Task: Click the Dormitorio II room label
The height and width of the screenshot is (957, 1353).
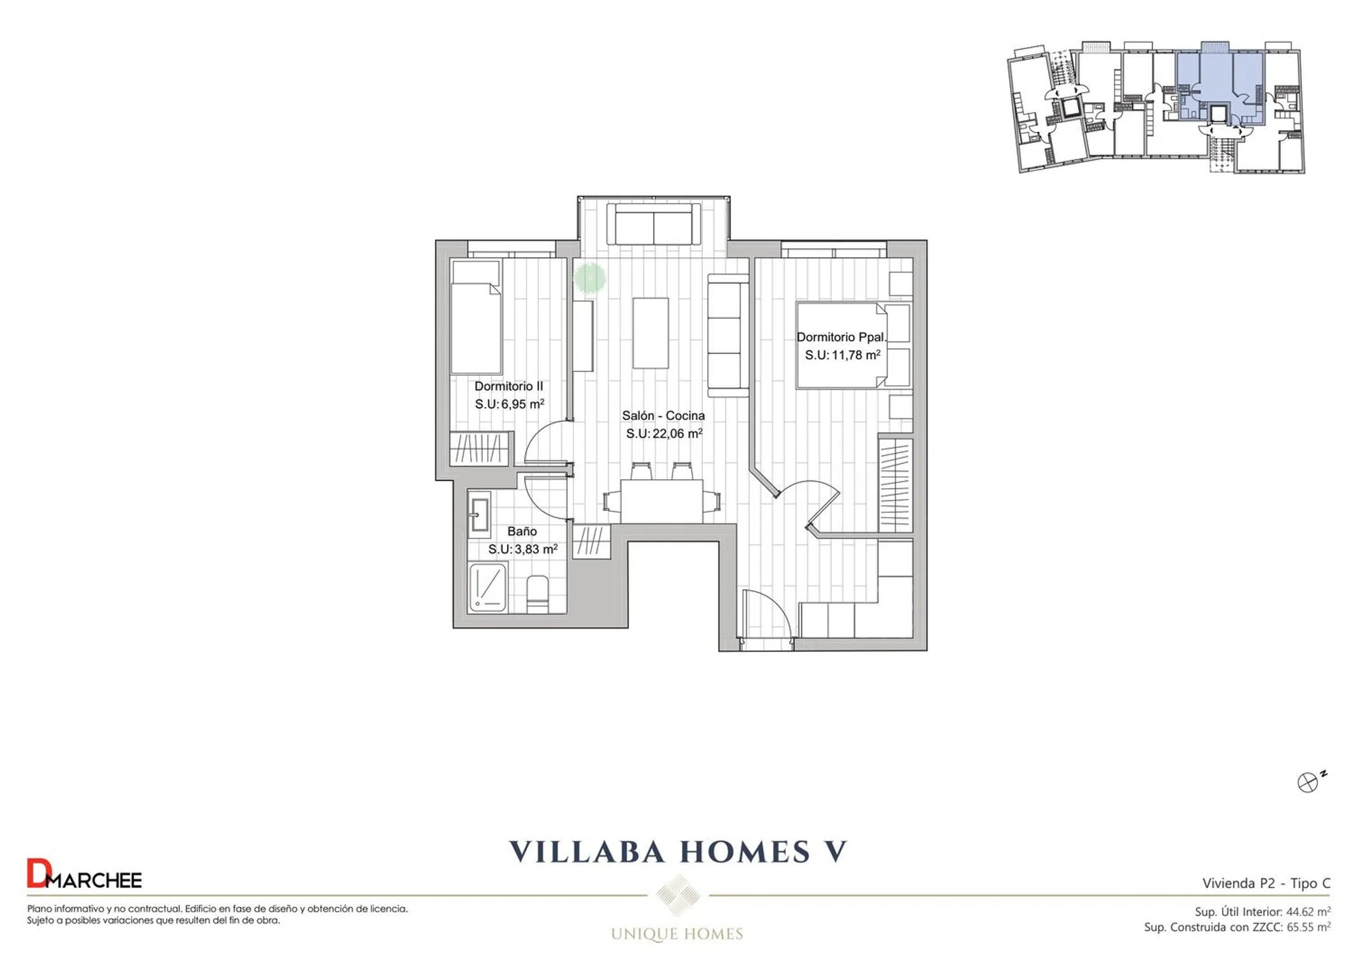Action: coord(508,386)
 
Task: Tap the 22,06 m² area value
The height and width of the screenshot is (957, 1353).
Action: coord(677,433)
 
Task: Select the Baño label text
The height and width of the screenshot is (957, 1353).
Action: coord(522,531)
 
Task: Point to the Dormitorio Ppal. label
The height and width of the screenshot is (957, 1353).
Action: coord(841,337)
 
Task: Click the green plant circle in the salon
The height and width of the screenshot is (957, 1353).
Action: coord(589,278)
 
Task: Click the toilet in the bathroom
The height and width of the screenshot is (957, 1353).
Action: coord(537,594)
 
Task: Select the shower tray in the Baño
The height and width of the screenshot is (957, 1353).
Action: coord(488,588)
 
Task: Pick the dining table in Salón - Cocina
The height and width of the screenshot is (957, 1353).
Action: coord(662,501)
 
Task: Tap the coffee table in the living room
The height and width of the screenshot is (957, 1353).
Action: coord(651,332)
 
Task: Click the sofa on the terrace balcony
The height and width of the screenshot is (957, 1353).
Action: coord(654,225)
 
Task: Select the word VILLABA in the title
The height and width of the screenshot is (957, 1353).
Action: coord(587,852)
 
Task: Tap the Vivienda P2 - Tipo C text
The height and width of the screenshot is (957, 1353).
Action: coord(1266,883)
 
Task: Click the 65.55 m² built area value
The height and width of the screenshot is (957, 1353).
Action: coord(1308,927)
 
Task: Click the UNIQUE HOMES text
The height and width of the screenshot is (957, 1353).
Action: coord(677,934)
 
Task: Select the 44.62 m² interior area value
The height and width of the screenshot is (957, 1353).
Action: coord(1308,912)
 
